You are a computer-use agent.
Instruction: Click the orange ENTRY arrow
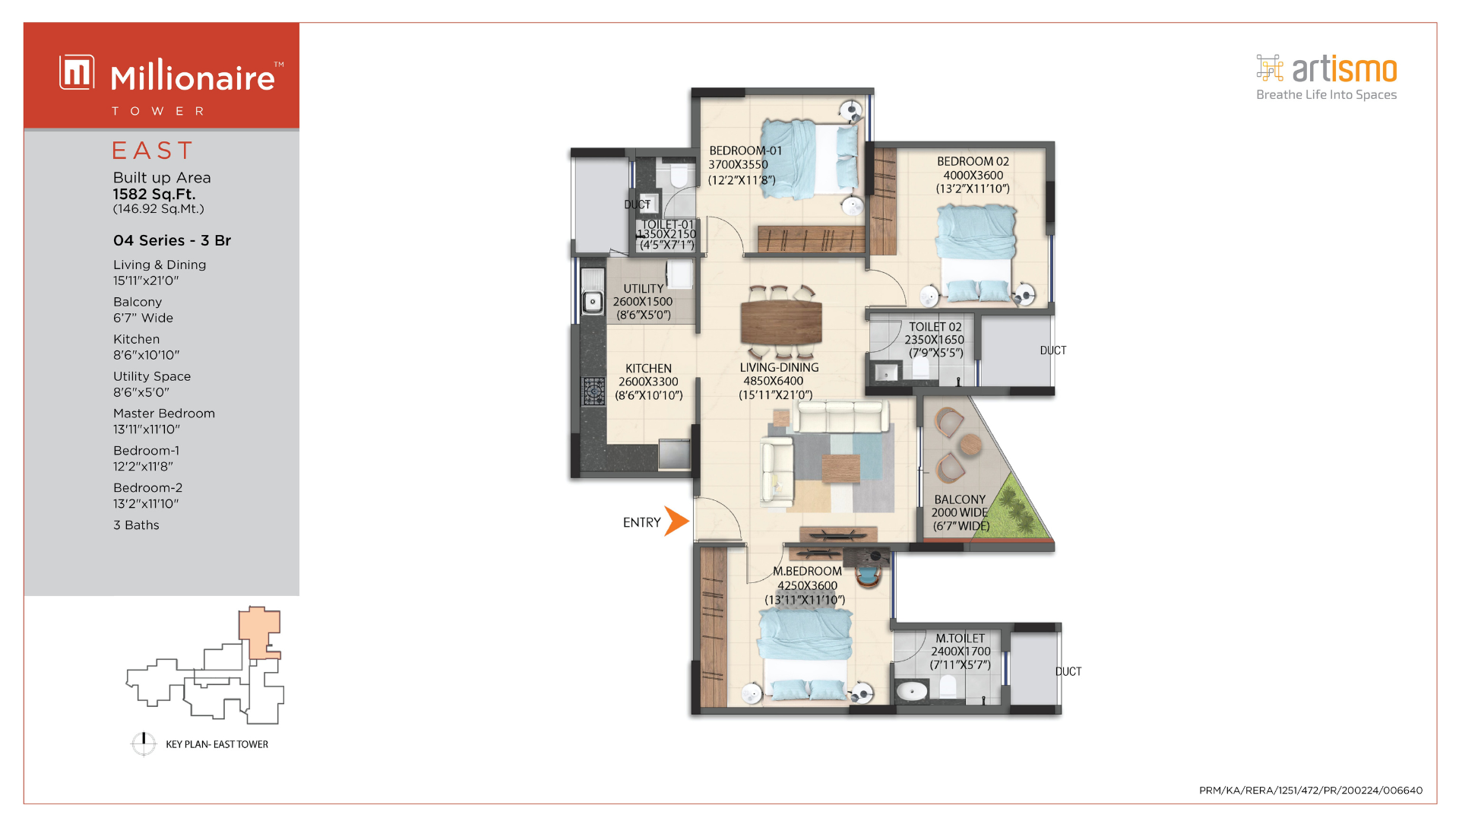click(x=676, y=521)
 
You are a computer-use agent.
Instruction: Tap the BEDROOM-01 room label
click(x=745, y=151)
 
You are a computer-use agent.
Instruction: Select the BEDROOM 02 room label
click(x=973, y=161)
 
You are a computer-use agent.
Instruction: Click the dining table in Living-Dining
click(x=781, y=322)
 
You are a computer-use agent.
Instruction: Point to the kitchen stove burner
click(x=593, y=391)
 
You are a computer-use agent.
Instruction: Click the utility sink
click(x=593, y=302)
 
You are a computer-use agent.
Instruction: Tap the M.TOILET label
click(x=960, y=639)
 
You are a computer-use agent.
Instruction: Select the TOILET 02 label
click(x=935, y=327)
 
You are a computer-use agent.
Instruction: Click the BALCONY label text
click(x=960, y=499)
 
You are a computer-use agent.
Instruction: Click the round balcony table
click(x=970, y=445)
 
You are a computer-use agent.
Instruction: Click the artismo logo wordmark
click(x=1344, y=70)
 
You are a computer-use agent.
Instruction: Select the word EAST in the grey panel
click(x=153, y=151)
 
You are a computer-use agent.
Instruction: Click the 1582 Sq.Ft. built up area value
click(x=154, y=194)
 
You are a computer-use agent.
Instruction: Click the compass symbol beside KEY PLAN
click(x=144, y=743)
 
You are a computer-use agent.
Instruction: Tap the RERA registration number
click(x=1311, y=791)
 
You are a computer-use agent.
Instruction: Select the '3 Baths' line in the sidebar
click(x=136, y=525)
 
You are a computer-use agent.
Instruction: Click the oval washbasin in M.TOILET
click(x=912, y=691)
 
